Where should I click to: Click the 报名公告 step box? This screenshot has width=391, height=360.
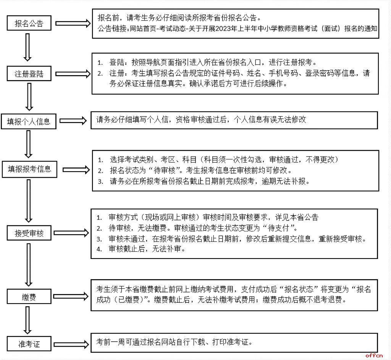click(29, 23)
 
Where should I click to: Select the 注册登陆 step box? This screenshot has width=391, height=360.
click(29, 74)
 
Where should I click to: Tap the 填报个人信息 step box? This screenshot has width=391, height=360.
click(29, 122)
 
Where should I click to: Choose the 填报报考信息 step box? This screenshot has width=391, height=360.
click(29, 169)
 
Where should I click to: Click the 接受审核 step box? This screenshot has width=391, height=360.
click(29, 233)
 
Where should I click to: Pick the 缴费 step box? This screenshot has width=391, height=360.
click(29, 297)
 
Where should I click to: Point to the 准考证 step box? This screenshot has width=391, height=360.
click(29, 344)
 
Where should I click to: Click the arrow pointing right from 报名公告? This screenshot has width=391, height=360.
click(73, 23)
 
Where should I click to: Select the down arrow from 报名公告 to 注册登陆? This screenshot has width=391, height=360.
click(27, 47)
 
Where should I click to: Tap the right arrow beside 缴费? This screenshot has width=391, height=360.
click(71, 296)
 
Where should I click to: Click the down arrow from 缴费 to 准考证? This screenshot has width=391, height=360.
click(27, 320)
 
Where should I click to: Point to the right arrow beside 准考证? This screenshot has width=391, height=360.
click(71, 344)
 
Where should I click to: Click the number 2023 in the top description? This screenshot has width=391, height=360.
click(223, 29)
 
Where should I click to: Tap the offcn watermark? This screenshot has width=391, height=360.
click(374, 355)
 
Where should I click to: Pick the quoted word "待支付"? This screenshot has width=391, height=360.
click(278, 228)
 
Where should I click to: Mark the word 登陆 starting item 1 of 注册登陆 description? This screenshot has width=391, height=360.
click(116, 62)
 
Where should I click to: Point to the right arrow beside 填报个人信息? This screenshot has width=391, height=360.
click(73, 121)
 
